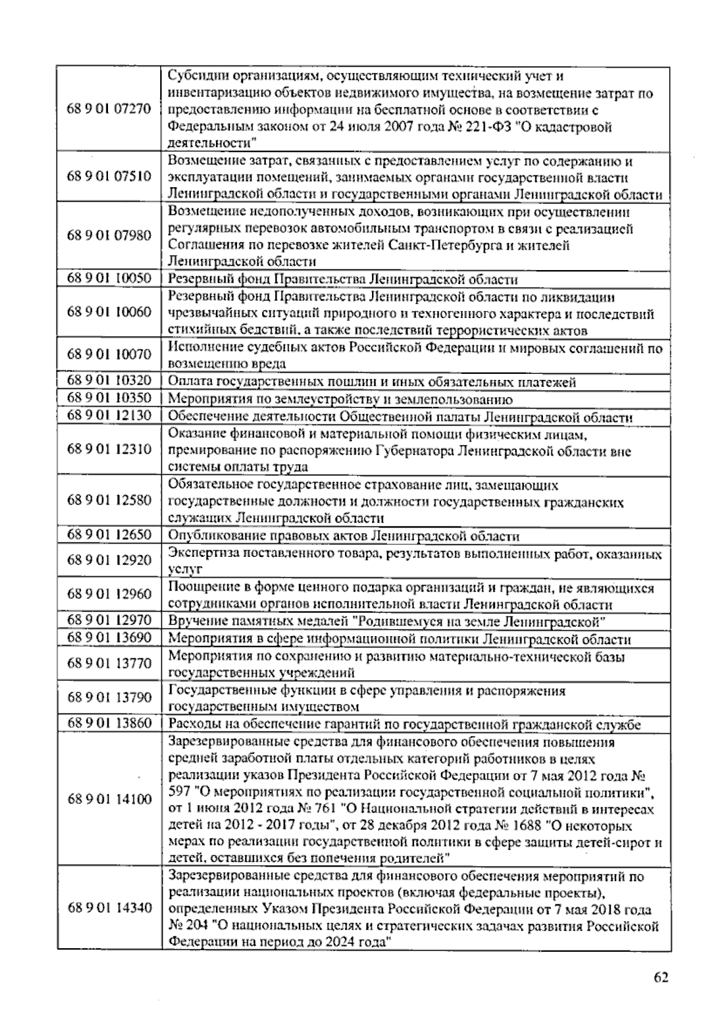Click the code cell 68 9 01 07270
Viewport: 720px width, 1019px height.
(x=109, y=110)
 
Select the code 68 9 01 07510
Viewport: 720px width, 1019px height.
(x=109, y=178)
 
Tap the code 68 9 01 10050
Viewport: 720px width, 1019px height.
(x=109, y=279)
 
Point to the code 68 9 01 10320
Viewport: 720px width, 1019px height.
(x=109, y=381)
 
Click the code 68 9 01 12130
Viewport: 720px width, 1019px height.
(x=109, y=416)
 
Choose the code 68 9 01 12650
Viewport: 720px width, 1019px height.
(x=109, y=535)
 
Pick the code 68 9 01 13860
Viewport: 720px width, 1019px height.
(x=109, y=723)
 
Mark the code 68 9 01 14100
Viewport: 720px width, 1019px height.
(x=109, y=799)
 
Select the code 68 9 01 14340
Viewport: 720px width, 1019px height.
(x=109, y=907)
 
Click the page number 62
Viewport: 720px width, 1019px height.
(x=661, y=977)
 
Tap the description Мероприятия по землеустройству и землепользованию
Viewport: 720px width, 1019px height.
(x=340, y=399)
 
